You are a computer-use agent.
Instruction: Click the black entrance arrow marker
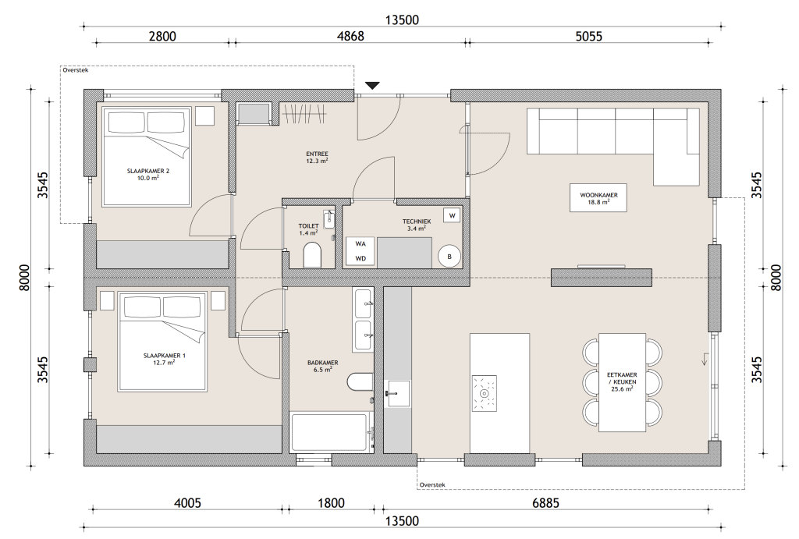tap(372, 86)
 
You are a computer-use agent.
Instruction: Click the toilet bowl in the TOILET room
tap(312, 255)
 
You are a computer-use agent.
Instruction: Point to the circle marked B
tap(449, 257)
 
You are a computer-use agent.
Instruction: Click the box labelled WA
tap(360, 244)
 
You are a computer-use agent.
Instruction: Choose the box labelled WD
tap(360, 258)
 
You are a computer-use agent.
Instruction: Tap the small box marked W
tap(452, 215)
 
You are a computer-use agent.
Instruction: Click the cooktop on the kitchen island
tap(484, 393)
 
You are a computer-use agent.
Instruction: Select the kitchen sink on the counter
tap(399, 393)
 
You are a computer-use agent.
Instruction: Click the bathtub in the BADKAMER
tap(329, 432)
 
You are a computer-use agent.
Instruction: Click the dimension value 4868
tap(350, 36)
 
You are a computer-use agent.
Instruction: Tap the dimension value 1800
tap(331, 503)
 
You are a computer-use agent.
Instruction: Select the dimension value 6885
tap(545, 503)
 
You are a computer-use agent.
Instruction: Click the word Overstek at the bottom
tap(432, 484)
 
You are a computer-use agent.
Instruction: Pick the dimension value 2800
tap(162, 36)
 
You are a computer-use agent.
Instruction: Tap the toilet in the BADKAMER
tap(360, 381)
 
